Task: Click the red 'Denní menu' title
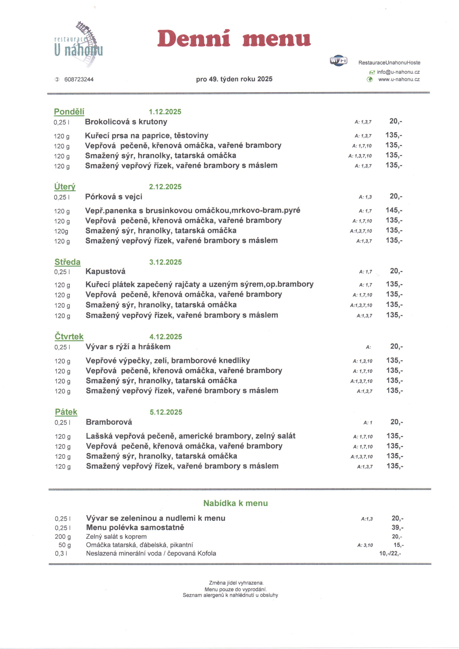point(234,38)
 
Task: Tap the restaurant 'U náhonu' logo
point(79,45)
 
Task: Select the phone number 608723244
point(79,79)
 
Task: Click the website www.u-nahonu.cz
point(399,79)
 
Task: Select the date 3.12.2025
point(165,262)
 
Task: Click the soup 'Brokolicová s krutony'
point(126,122)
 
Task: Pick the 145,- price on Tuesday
point(394,210)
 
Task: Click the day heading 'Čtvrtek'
point(69,336)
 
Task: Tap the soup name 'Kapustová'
point(105,271)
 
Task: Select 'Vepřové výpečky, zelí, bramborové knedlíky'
point(168,360)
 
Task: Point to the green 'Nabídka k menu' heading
point(235,503)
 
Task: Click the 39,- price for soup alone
point(397,527)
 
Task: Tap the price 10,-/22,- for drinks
point(390,553)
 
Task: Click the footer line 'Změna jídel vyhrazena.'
point(236,583)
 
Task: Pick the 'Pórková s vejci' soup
point(114,197)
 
